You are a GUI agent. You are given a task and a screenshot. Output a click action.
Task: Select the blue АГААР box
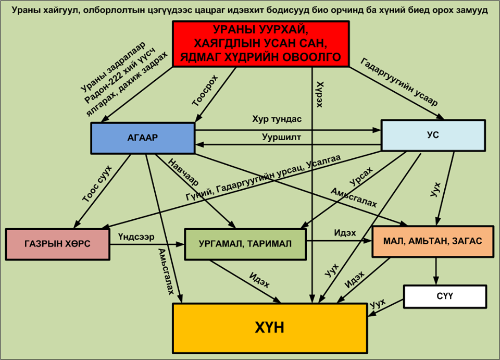click(143, 138)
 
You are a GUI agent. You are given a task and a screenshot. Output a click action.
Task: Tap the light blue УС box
click(433, 135)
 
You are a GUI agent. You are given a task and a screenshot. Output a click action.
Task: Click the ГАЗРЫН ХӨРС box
click(57, 244)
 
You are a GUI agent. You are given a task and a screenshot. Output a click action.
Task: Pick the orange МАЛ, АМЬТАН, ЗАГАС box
click(433, 241)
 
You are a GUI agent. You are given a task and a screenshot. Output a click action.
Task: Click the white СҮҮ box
click(445, 296)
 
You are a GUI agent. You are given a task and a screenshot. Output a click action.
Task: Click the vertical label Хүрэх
click(319, 94)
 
